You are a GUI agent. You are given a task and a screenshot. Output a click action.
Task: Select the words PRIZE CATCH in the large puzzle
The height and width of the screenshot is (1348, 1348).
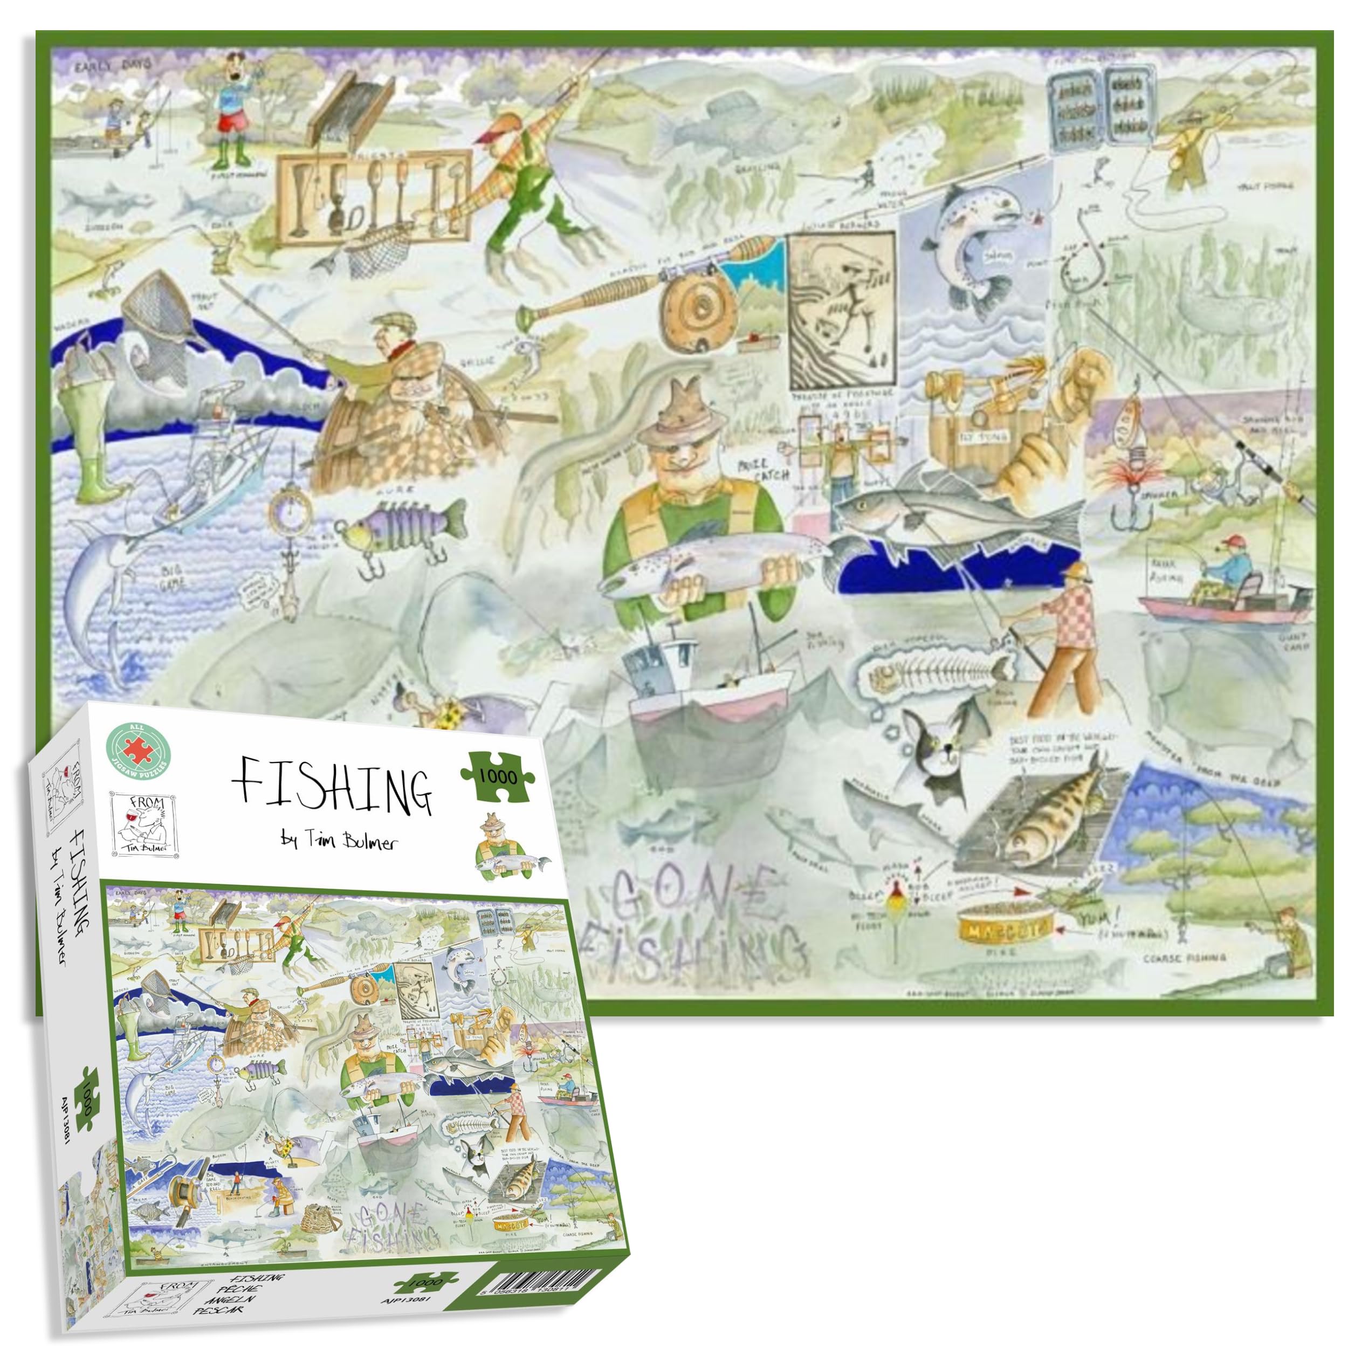pyautogui.click(x=765, y=470)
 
